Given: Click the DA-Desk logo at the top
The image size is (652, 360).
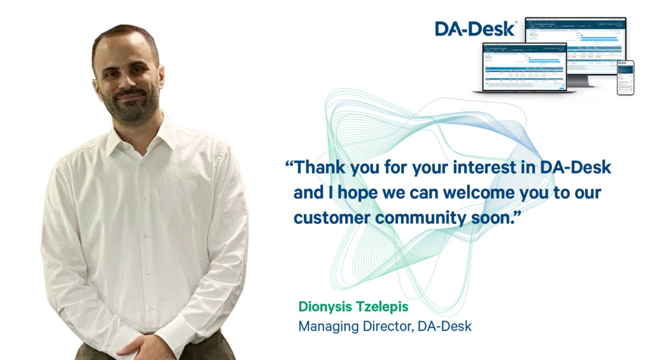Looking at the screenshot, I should point(476,29).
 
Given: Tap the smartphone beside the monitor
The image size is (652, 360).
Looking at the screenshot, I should point(625,78).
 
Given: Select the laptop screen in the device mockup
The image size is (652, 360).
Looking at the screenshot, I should point(524,66).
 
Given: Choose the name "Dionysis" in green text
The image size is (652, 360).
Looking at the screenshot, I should point(328,307).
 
